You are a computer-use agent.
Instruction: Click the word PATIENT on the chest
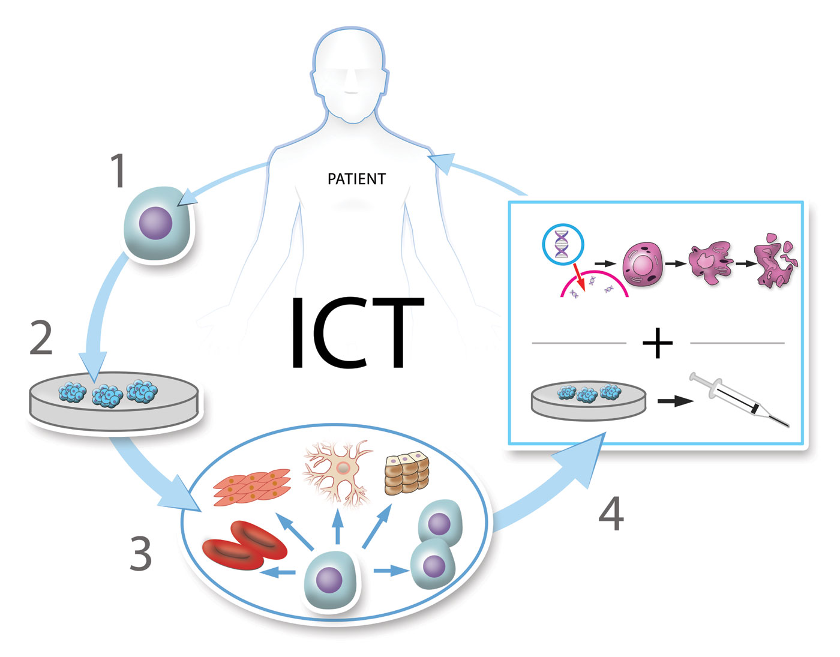[356, 179]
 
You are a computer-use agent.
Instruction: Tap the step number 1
[118, 170]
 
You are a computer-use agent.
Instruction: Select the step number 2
[41, 337]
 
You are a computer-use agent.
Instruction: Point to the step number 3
[140, 553]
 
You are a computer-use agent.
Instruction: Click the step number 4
[611, 514]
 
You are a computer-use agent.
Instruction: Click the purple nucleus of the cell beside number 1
[155, 223]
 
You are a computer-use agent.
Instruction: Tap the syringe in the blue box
[739, 400]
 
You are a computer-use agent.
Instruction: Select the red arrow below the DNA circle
[579, 277]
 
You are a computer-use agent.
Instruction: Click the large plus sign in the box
[658, 343]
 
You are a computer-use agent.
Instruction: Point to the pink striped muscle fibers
[251, 487]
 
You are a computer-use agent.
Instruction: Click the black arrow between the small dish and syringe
[676, 401]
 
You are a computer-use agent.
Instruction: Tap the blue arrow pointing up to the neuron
[338, 526]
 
